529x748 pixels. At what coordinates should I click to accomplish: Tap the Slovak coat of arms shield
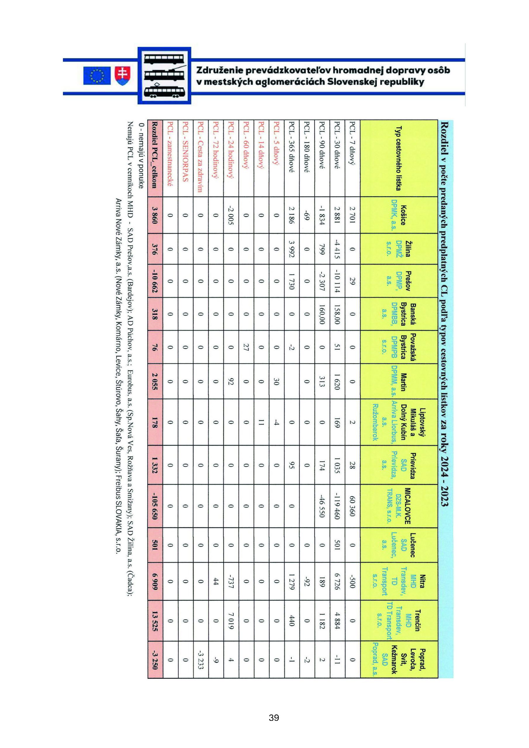(122, 76)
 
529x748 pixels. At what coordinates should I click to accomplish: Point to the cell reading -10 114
(337, 281)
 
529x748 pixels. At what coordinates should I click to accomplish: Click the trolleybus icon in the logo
(165, 76)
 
